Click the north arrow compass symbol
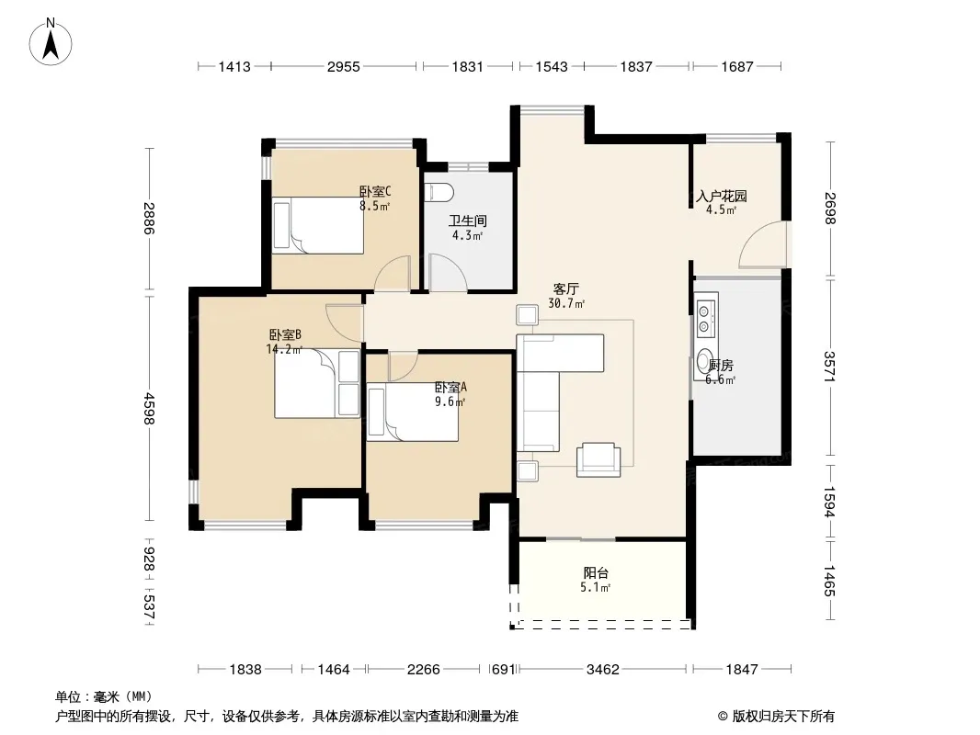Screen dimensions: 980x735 (51, 42)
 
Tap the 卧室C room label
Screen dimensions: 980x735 (375, 191)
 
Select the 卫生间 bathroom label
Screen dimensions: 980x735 (468, 220)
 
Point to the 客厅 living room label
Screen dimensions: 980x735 (566, 289)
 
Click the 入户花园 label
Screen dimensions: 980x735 (722, 196)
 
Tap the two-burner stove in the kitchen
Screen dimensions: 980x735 (706, 318)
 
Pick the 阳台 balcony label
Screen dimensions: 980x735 (596, 572)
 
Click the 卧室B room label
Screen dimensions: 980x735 (285, 335)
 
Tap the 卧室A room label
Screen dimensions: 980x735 (450, 387)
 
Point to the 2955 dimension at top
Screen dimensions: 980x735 (344, 66)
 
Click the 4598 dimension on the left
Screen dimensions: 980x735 (149, 409)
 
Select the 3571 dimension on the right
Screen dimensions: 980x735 (829, 367)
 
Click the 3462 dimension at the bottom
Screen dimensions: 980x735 (602, 670)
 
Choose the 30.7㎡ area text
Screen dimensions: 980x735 (566, 304)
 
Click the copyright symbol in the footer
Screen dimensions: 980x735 (723, 717)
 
